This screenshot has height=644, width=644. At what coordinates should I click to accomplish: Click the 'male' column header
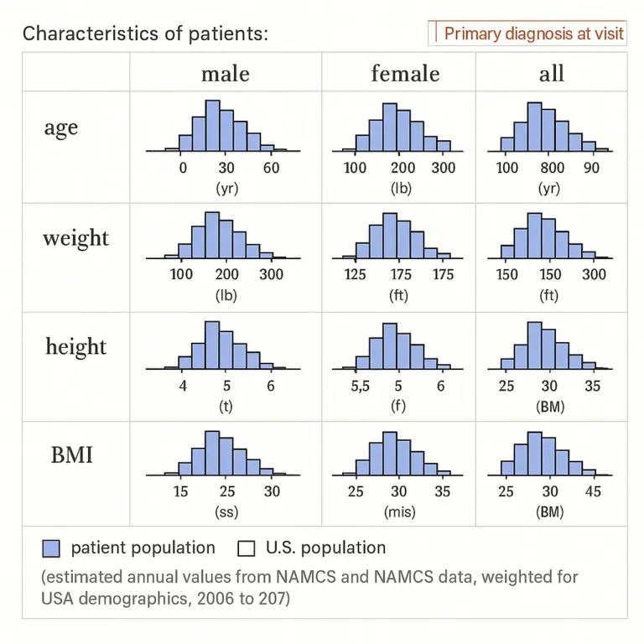tap(225, 73)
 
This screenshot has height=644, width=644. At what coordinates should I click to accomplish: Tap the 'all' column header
tap(551, 73)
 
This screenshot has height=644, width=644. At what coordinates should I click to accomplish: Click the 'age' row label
tap(61, 128)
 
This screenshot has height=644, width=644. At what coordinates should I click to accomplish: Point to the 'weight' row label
tap(75, 237)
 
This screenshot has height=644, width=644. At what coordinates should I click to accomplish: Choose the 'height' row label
tap(75, 346)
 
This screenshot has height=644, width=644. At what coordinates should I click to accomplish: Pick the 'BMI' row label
tap(71, 455)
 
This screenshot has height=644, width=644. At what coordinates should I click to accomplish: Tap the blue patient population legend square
tap(50, 548)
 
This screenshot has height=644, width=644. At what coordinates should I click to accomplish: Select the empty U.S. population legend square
tap(246, 548)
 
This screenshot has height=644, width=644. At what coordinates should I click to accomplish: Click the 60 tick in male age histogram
tap(270, 168)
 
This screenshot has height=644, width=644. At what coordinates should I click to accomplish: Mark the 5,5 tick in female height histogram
tap(359, 386)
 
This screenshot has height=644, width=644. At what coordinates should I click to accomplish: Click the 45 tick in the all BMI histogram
tap(593, 491)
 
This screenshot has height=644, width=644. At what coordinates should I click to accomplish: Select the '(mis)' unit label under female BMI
tap(398, 512)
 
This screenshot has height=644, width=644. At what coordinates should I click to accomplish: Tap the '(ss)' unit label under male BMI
tap(226, 512)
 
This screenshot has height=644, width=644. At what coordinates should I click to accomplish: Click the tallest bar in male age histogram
tap(212, 126)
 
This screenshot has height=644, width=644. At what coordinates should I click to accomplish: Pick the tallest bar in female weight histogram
tap(390, 235)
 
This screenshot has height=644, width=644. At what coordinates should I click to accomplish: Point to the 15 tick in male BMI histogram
tap(180, 491)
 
